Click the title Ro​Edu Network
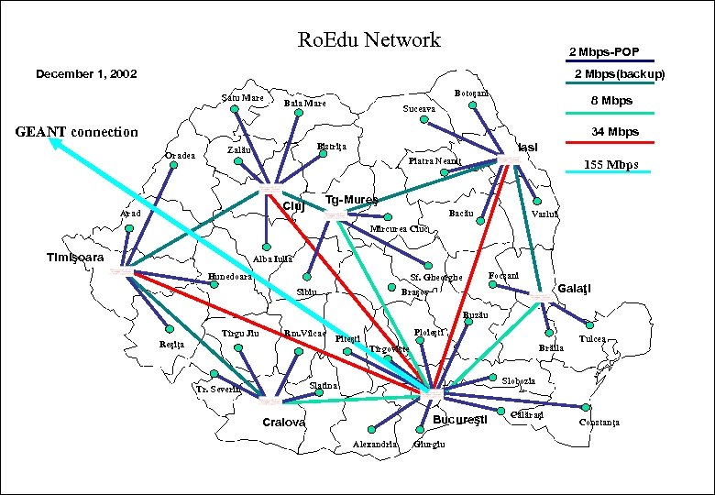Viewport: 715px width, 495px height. click(369, 40)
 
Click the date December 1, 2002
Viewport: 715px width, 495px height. click(85, 73)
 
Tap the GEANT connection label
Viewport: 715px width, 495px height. click(77, 132)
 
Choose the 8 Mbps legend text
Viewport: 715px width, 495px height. click(610, 100)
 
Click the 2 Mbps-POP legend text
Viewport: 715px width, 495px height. click(604, 51)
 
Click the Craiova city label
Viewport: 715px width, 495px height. click(284, 423)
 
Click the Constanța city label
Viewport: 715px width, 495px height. click(599, 422)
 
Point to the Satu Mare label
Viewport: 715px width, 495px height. click(243, 98)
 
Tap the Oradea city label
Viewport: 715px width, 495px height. click(180, 155)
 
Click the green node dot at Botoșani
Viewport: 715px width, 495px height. click(473, 105)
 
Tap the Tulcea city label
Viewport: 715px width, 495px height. click(591, 339)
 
